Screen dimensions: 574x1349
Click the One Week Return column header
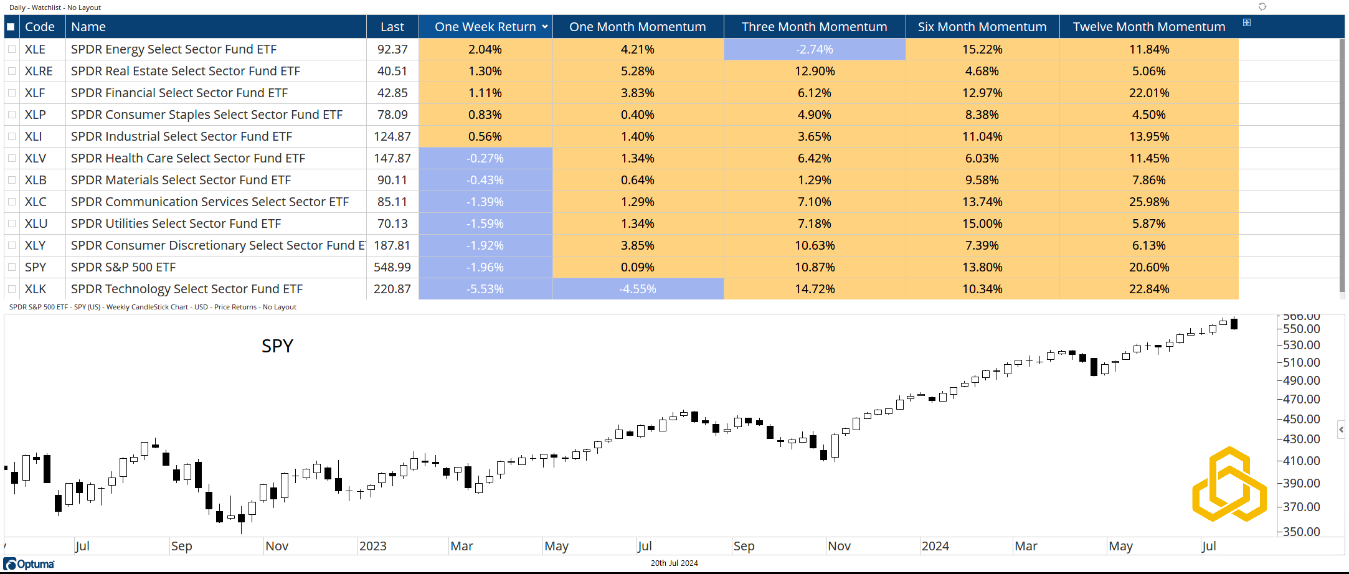coord(485,27)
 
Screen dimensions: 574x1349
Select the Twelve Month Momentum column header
coord(1148,27)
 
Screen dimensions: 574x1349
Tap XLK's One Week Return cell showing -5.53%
coord(485,289)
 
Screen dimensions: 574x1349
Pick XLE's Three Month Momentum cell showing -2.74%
coord(814,49)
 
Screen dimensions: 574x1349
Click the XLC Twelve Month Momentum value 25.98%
coord(1148,202)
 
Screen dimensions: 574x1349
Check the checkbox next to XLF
coord(12,93)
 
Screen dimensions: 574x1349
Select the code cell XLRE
coord(39,71)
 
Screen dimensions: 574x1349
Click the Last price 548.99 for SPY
coord(392,267)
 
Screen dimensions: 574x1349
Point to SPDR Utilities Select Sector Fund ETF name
coord(176,223)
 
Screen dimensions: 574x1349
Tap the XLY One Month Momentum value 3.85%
coord(637,245)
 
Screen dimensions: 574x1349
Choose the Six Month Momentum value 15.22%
coord(982,49)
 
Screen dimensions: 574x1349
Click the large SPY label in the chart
coord(277,346)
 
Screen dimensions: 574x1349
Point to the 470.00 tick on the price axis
coord(1301,399)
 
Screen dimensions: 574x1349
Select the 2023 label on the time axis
coord(372,546)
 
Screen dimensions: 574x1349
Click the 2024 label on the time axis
coord(935,546)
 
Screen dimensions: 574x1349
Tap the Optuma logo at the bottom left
coord(29,564)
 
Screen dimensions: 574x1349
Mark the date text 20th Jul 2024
coord(674,563)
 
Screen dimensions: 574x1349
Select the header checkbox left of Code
coord(11,27)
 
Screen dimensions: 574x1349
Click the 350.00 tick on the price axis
coord(1301,532)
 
